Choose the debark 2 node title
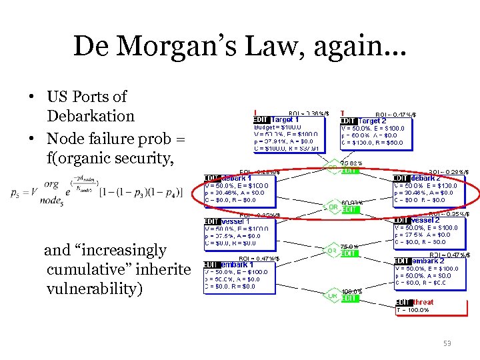coord(426,178)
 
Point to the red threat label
coord(423,302)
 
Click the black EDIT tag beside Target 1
coord(262,120)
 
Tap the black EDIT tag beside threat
coord(403,302)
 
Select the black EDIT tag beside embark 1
coord(212,264)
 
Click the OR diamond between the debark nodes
coord(332,207)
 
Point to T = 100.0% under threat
coord(413,309)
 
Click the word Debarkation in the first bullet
coord(90,116)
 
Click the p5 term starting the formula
coord(15,192)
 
